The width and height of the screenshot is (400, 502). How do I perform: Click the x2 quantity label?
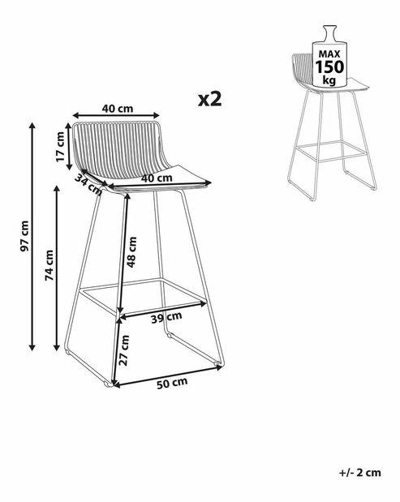[x=209, y=99]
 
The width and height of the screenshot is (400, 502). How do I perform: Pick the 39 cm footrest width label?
[x=164, y=319]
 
